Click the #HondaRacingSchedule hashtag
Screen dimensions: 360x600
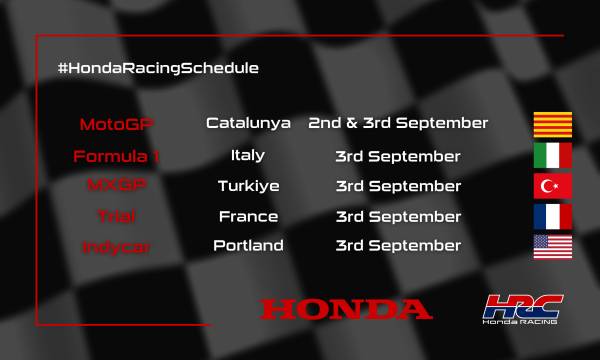(159, 68)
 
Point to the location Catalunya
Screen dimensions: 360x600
(248, 124)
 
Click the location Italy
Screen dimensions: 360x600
(248, 156)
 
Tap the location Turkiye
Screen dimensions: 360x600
(248, 186)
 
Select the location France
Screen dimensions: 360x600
(248, 216)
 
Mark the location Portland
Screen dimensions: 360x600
(248, 246)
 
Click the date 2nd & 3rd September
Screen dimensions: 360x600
(398, 124)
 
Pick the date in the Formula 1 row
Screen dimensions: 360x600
(398, 156)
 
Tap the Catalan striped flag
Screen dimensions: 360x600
(551, 125)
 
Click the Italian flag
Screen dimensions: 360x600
(551, 156)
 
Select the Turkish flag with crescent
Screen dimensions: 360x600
(551, 187)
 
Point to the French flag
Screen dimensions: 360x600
(551, 217)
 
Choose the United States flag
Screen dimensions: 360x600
(551, 247)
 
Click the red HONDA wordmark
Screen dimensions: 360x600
(346, 309)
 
